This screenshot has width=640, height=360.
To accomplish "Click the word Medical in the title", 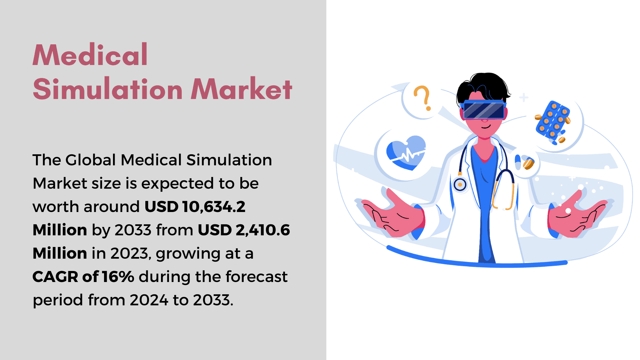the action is [90, 55].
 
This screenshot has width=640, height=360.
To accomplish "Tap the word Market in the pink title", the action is [242, 89].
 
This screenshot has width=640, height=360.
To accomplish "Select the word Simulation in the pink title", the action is [108, 89].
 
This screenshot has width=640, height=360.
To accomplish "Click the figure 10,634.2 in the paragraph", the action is [214, 207].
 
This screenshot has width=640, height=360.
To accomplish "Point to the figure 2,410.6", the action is [263, 230].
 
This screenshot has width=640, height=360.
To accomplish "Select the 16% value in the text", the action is [118, 277].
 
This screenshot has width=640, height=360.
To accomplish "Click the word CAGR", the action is [55, 277].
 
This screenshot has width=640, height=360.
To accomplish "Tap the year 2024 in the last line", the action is [149, 300].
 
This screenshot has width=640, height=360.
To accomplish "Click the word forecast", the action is [256, 277].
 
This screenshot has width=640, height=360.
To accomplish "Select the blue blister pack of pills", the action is [553, 122].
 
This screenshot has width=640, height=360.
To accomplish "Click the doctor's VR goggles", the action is [484, 110].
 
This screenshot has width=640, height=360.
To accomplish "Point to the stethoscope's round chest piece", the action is [460, 184].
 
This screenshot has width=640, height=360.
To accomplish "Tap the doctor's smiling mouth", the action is [486, 127].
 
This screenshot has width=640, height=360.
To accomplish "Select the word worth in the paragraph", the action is [56, 207].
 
